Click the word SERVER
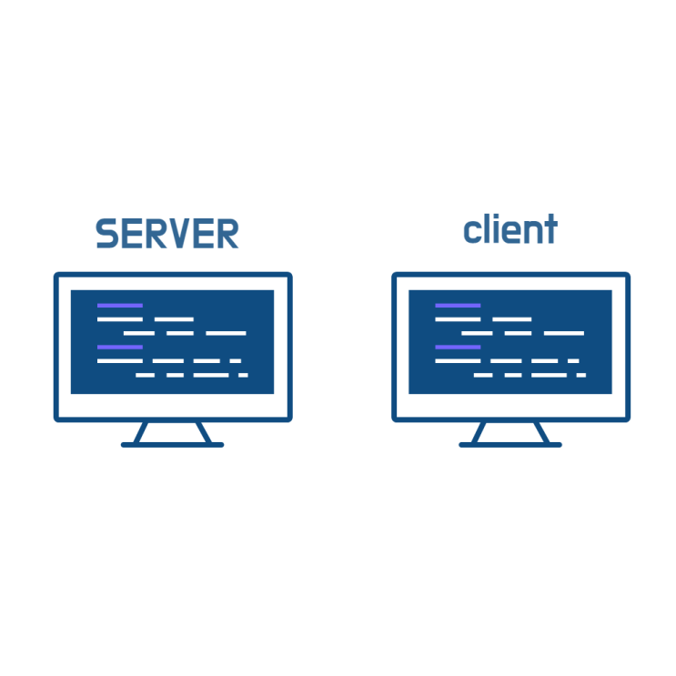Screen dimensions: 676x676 pyautogui.click(x=166, y=233)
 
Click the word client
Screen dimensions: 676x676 pyautogui.click(x=510, y=228)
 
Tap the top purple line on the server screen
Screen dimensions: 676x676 pyautogui.click(x=120, y=306)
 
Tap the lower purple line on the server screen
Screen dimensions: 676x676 pyautogui.click(x=120, y=347)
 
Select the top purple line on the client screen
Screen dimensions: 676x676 pyautogui.click(x=458, y=306)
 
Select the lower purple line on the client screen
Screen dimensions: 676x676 pyautogui.click(x=458, y=347)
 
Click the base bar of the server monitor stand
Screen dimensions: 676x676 pyautogui.click(x=173, y=445)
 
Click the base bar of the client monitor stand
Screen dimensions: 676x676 pyautogui.click(x=510, y=445)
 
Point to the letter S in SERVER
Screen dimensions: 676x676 pyautogui.click(x=107, y=233)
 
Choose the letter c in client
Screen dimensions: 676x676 pyautogui.click(x=472, y=232)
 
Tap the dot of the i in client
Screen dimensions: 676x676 pyautogui.click(x=496, y=216)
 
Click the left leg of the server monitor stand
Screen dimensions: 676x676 pyautogui.click(x=140, y=432)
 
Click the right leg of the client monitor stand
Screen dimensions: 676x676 pyautogui.click(x=542, y=432)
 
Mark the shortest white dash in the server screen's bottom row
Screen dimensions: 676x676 pyautogui.click(x=243, y=375)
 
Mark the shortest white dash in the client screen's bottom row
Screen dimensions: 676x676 pyautogui.click(x=581, y=375)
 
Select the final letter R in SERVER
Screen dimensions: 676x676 pyautogui.click(x=227, y=233)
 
